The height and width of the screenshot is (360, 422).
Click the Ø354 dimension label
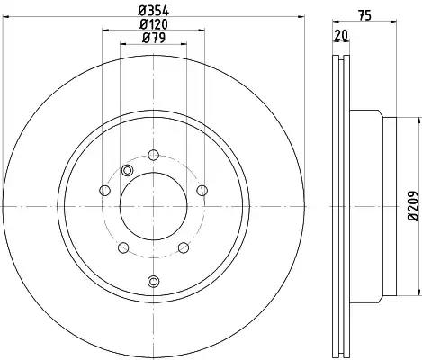pos(154,11)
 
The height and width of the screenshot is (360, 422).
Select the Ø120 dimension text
pos(154,24)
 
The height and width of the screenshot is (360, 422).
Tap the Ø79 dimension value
pos(154,38)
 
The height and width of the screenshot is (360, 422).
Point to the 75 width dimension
pos(364,15)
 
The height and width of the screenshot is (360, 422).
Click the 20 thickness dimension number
pos(341,36)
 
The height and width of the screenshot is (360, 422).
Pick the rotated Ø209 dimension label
pos(413,206)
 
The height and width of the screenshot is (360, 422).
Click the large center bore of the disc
pos(154,206)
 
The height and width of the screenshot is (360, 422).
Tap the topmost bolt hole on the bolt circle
pos(154,155)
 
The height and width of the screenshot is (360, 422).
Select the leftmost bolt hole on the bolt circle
pos(104,190)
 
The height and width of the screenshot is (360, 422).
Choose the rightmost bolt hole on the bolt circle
pos(202,190)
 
